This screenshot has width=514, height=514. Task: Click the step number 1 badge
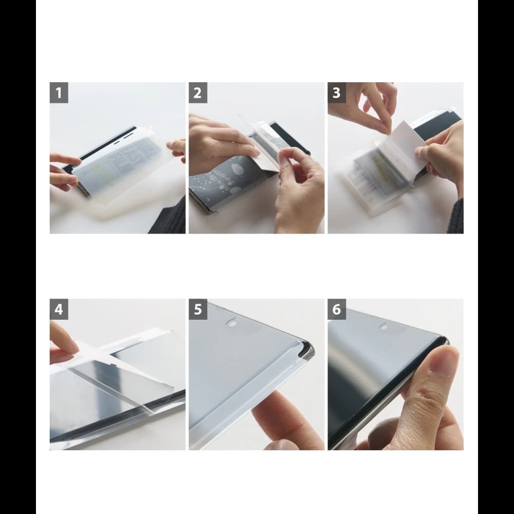[x=59, y=93]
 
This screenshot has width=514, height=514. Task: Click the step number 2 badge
[x=198, y=93]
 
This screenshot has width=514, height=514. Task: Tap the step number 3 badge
[x=337, y=93]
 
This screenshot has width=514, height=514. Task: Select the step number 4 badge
[x=59, y=309]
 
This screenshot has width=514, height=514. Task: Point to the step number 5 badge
[x=198, y=309]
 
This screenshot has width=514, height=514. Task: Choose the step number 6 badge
[x=337, y=309]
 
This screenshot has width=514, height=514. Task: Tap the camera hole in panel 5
[x=232, y=324]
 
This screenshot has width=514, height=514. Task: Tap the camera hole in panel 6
[x=383, y=325]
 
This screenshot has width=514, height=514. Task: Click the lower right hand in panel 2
[x=298, y=190]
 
